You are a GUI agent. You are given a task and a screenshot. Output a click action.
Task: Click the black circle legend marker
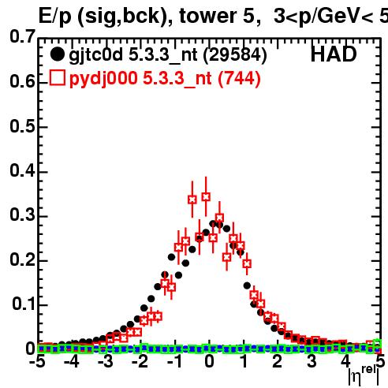pyautogui.click(x=57, y=54)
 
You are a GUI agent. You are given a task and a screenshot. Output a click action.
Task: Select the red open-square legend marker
pyautogui.click(x=57, y=77)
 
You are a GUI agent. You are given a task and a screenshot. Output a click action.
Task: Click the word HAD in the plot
pyautogui.click(x=334, y=54)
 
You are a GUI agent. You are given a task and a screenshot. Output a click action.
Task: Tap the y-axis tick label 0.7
pyautogui.click(x=22, y=36)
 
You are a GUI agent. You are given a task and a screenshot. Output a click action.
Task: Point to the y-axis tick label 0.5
pyautogui.click(x=22, y=126)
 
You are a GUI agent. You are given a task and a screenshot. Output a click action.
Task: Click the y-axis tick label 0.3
pyautogui.click(x=22, y=215)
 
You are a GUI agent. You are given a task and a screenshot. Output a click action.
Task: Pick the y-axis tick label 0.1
pyautogui.click(x=23, y=304)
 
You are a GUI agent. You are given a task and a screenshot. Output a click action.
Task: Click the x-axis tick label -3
pyautogui.click(x=106, y=361)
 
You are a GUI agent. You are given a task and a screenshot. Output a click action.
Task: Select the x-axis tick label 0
pyautogui.click(x=209, y=361)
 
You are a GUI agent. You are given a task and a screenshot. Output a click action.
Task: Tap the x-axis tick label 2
pyautogui.click(x=278, y=361)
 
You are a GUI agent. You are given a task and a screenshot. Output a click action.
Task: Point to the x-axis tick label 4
pyautogui.click(x=345, y=361)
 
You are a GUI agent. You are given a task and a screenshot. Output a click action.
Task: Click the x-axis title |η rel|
pyautogui.click(x=364, y=376)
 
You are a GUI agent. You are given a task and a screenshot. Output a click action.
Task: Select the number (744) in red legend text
pyautogui.click(x=239, y=78)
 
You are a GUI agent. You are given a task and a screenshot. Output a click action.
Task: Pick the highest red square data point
pyautogui.click(x=206, y=196)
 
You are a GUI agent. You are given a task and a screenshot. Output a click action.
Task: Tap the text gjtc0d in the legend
pyautogui.click(x=95, y=56)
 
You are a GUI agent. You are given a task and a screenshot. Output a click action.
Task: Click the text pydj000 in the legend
pyautogui.click(x=103, y=79)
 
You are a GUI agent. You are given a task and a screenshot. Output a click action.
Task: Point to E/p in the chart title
pyautogui.click(x=55, y=17)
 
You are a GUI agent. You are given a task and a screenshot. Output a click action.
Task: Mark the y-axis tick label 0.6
pyautogui.click(x=22, y=81)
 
